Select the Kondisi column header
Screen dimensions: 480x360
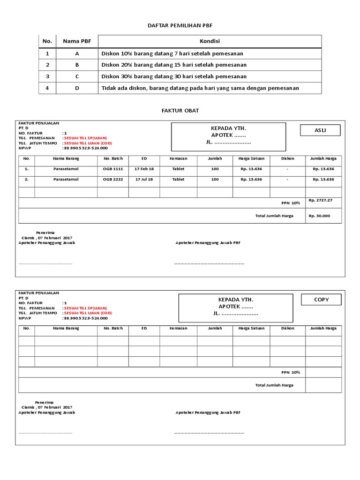pos(210,41)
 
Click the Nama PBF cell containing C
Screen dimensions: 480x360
pos(77,76)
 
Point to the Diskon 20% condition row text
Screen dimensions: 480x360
pos(174,65)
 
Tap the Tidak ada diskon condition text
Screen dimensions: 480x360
pos(200,88)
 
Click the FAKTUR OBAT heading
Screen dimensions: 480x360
pos(180,110)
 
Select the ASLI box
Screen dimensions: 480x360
pos(320,130)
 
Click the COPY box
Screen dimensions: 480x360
pos(321,300)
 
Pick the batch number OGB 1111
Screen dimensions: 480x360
pos(113,168)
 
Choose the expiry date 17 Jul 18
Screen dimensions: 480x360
pos(144,180)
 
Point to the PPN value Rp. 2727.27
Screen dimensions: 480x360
pos(320,201)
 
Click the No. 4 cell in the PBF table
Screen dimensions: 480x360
pos(47,88)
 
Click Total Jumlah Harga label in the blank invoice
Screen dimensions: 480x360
pos(274,385)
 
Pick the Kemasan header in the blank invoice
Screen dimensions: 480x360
pos(178,328)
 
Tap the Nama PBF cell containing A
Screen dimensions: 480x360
pos(77,53)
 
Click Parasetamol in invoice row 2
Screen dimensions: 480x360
pos(66,180)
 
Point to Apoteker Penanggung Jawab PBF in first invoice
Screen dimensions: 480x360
pos(208,243)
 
